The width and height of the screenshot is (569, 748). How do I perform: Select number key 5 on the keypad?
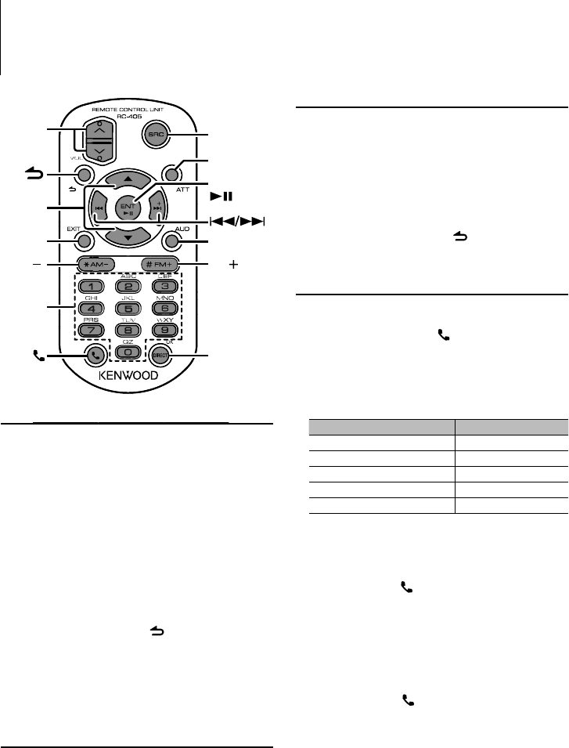click(128, 308)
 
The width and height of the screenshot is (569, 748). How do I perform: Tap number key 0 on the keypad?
click(128, 352)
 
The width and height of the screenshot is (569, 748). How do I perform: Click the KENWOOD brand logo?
click(128, 376)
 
